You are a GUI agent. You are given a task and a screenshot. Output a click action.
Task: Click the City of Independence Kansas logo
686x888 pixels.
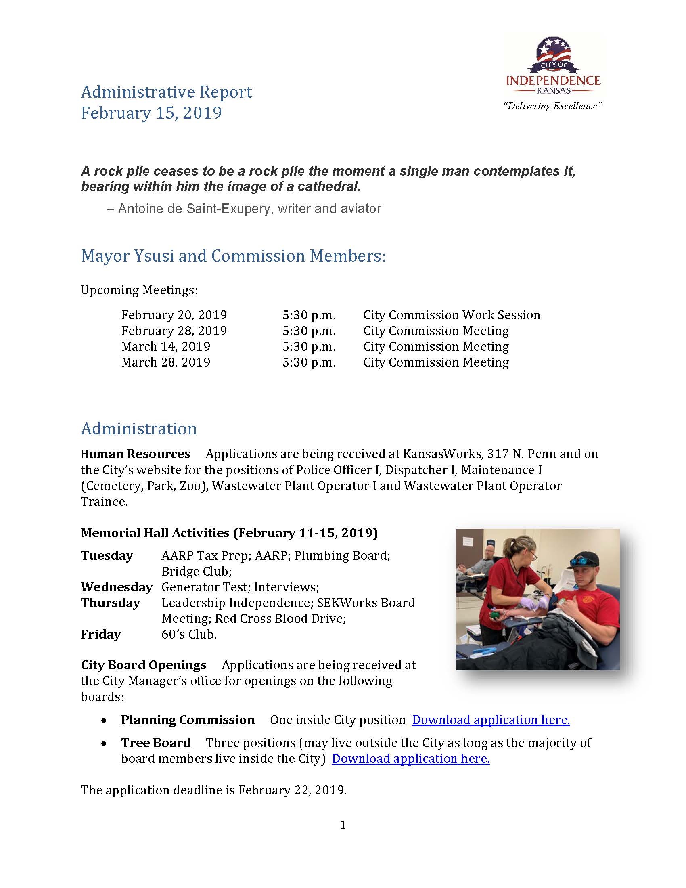(553, 65)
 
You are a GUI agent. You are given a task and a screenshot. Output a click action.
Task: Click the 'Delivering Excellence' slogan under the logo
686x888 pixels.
(553, 106)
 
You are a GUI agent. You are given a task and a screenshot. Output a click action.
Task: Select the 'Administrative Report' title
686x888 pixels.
(167, 92)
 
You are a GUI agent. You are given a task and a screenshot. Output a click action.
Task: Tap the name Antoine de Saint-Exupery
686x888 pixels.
(191, 209)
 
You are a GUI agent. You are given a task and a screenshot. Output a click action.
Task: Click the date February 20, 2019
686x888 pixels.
(174, 315)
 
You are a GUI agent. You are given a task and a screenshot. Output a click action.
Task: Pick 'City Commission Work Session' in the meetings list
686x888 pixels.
(452, 315)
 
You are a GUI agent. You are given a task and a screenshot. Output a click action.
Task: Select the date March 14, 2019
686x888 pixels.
(166, 346)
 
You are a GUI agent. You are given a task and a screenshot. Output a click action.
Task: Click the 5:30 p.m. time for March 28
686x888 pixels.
(309, 362)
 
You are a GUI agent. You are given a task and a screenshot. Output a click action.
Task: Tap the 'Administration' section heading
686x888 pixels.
(138, 429)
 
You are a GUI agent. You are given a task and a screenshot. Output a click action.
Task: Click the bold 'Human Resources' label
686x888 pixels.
(135, 454)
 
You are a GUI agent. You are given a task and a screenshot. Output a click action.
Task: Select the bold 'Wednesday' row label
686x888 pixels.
(116, 587)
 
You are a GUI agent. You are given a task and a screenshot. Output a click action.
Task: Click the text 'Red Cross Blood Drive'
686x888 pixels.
(280, 618)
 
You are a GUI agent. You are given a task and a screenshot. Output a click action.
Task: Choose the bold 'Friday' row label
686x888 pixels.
(100, 634)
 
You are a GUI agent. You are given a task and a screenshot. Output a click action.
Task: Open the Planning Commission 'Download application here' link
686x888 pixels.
(491, 720)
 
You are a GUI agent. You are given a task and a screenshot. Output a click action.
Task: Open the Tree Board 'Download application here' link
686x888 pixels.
(410, 759)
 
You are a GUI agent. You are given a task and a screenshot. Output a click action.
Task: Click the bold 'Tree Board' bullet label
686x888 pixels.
(156, 743)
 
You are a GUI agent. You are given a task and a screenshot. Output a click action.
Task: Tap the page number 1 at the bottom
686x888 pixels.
(343, 825)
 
